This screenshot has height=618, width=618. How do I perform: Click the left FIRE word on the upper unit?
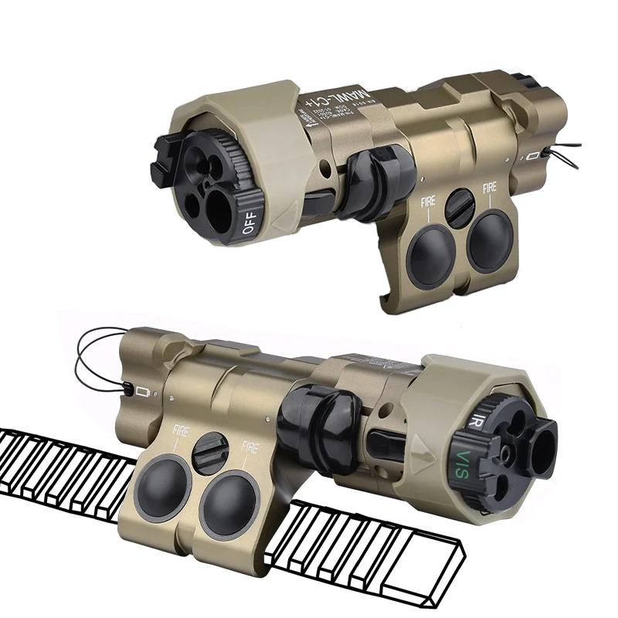click(x=428, y=202)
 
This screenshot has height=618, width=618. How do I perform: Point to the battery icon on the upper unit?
click(x=532, y=157)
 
